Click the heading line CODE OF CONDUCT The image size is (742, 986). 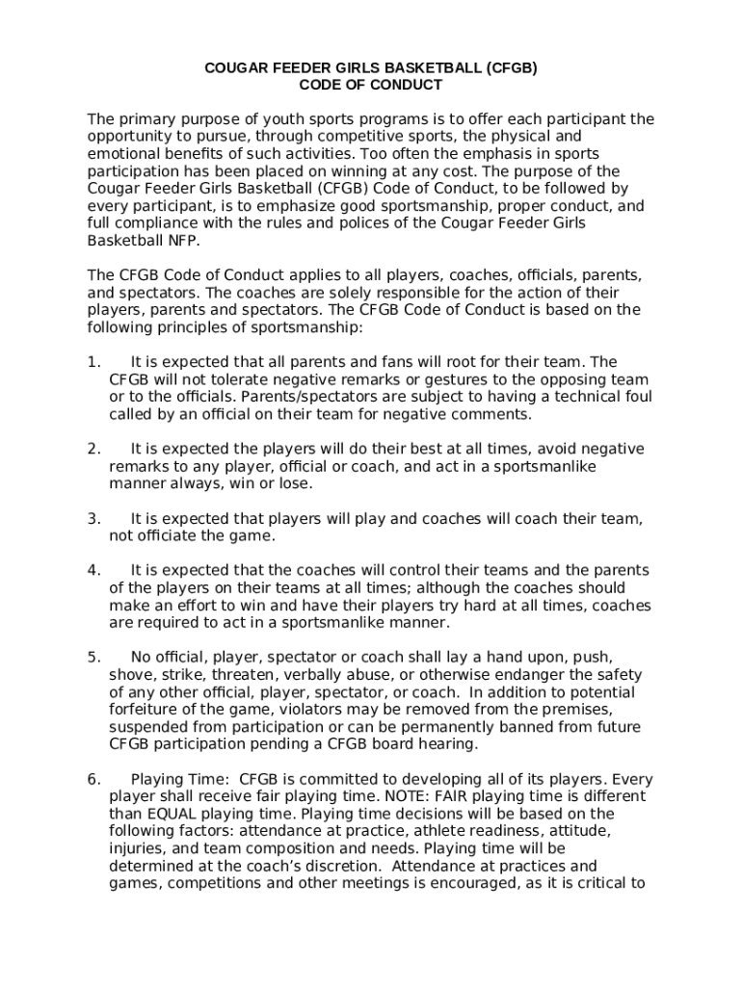370,86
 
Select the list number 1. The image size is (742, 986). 93,362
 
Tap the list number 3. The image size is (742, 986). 93,519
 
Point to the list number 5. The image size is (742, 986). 93,658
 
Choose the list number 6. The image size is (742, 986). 93,779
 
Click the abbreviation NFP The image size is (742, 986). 180,241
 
